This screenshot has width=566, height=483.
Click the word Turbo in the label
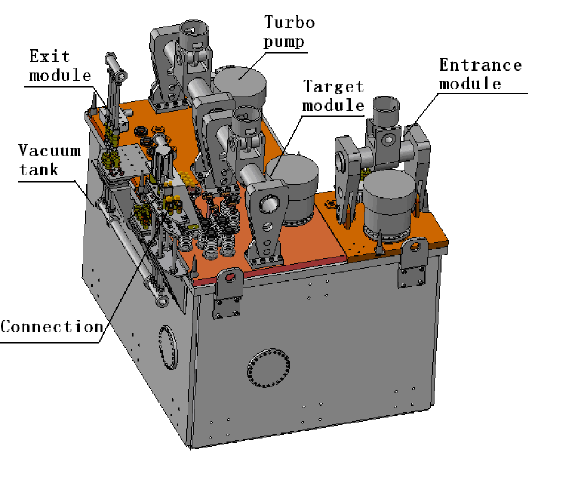tap(289, 23)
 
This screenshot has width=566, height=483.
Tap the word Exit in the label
tap(49, 56)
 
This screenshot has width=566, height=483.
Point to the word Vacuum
tap(49, 151)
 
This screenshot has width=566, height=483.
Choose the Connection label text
tap(52, 327)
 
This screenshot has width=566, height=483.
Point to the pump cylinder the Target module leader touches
tap(293, 188)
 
